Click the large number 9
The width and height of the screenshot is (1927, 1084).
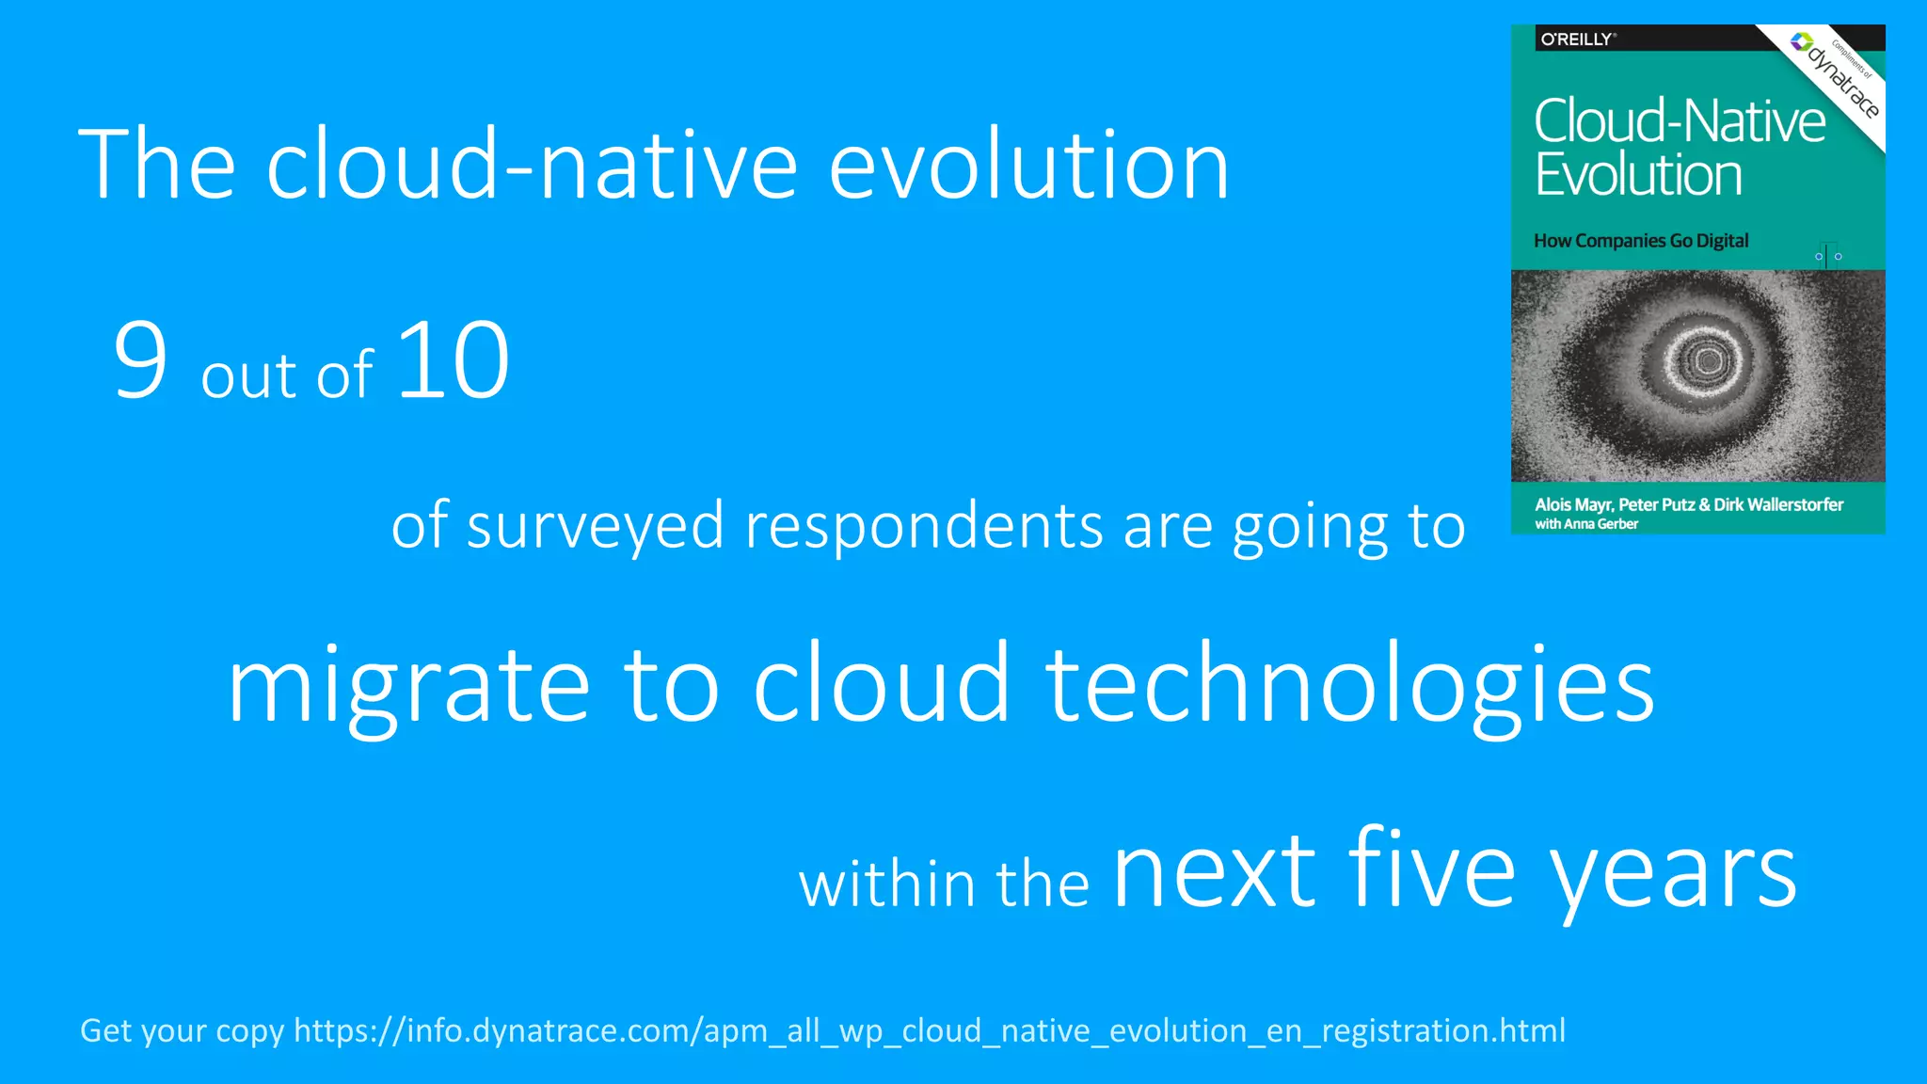(140, 360)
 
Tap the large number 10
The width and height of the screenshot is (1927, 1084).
(453, 360)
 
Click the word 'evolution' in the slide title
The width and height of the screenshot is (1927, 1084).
(1028, 166)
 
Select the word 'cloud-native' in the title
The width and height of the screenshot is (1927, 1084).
(532, 166)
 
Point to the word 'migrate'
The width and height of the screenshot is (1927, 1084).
(407, 687)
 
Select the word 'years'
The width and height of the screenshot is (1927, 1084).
(1674, 875)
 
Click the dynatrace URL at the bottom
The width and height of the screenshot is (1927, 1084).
(930, 1030)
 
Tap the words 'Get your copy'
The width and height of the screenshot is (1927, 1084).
(182, 1031)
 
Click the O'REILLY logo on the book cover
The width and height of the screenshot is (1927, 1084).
(1577, 40)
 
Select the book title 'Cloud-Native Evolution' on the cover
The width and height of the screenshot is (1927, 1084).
(1679, 148)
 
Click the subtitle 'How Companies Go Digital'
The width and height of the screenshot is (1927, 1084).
(1641, 241)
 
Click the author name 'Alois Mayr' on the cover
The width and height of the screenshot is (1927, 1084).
(1572, 504)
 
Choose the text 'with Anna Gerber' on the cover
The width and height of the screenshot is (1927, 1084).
(1586, 524)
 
